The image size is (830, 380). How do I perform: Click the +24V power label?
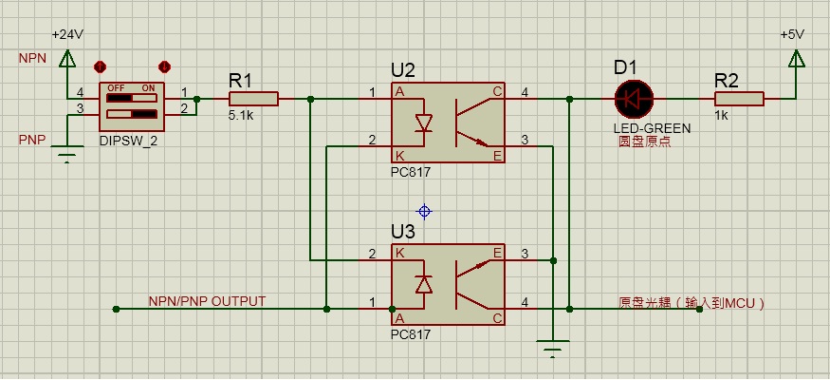67,33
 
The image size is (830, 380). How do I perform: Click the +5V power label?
792,33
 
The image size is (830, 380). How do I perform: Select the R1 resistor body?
253,98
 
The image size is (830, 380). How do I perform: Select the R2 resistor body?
739,98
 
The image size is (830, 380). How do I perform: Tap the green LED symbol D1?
633,98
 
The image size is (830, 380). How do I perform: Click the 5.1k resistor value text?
241,116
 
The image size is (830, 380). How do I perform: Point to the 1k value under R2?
722,116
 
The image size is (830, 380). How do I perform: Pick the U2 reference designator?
403,70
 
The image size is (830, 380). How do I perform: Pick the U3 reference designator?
403,232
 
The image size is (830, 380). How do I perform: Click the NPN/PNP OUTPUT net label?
207,301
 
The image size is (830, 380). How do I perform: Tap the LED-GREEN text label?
652,127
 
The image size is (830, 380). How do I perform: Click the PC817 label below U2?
410,174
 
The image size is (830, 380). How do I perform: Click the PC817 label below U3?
410,335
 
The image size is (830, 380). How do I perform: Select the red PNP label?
31,139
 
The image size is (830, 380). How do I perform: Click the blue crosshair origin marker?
424,211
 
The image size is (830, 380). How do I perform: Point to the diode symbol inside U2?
423,123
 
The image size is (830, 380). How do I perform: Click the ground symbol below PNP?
66,155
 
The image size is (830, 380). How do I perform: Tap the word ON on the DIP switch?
148,87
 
